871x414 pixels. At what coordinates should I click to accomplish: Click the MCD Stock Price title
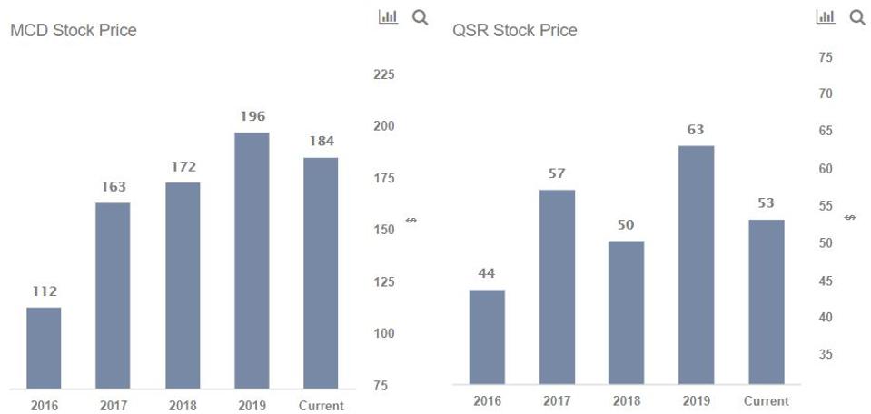(74, 31)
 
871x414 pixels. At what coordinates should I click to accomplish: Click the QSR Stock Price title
(515, 31)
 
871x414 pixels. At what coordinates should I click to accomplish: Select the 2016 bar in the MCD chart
(44, 348)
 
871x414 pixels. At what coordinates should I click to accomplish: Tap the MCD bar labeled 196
(252, 261)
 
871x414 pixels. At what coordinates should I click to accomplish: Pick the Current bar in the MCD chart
(321, 273)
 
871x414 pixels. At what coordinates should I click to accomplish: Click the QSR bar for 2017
(557, 286)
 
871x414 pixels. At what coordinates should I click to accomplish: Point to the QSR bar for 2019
(696, 264)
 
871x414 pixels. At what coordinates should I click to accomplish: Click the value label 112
(44, 291)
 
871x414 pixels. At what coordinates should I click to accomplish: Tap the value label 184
(321, 141)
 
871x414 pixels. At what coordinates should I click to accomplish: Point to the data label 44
(487, 273)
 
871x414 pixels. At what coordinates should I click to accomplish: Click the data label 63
(696, 130)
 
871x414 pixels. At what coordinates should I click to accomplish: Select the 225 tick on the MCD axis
(384, 74)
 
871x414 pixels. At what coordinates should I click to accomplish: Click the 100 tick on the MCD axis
(384, 333)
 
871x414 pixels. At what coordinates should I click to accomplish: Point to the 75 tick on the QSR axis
(826, 57)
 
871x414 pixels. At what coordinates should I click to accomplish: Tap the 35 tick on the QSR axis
(826, 354)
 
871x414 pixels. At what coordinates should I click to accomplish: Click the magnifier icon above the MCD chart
(420, 16)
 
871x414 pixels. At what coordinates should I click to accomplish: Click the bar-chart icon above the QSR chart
(826, 16)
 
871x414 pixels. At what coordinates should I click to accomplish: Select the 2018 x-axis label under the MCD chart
(183, 406)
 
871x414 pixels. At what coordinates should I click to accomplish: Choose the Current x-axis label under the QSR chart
(766, 400)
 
